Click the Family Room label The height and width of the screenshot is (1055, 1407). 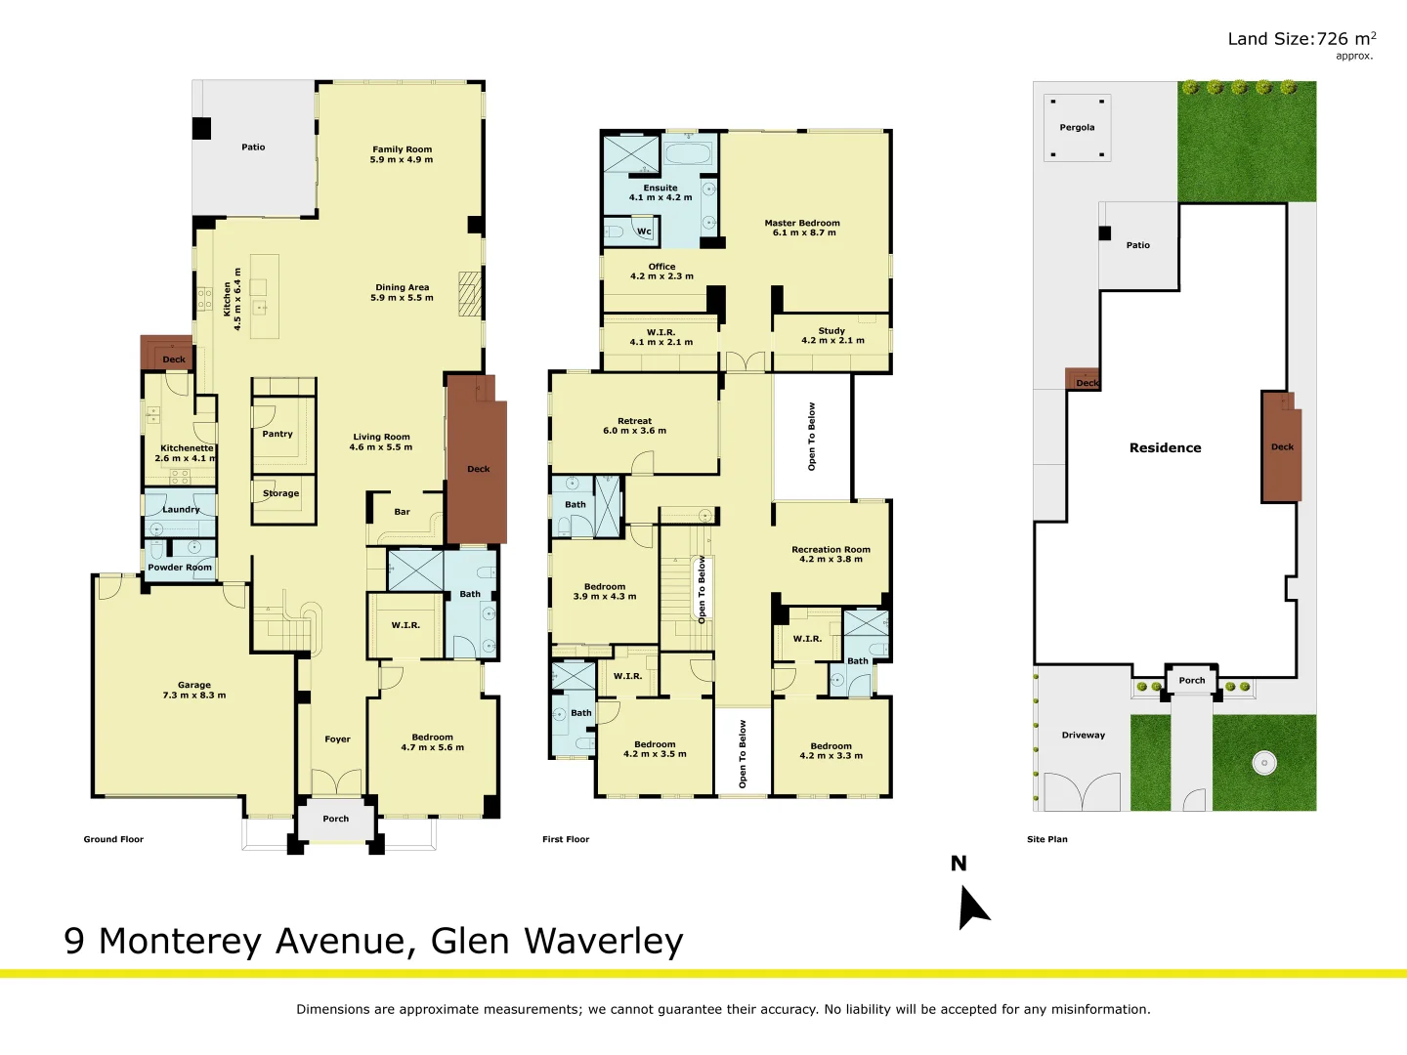click(402, 149)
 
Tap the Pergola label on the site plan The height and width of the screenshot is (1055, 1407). click(1077, 127)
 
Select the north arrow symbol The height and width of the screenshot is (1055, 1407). click(973, 907)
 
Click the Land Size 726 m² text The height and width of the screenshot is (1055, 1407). click(1301, 39)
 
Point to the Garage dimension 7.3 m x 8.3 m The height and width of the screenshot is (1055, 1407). click(194, 695)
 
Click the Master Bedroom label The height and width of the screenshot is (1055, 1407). click(802, 223)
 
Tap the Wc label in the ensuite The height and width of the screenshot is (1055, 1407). click(644, 232)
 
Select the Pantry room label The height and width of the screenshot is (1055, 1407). click(277, 434)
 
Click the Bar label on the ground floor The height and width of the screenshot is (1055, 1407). click(402, 512)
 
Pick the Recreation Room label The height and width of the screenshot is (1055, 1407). click(831, 549)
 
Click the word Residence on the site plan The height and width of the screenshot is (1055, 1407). click(1166, 447)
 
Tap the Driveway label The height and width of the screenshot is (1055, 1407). click(1084, 735)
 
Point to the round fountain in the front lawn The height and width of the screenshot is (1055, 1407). click(1264, 763)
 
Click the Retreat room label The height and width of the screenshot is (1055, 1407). click(634, 421)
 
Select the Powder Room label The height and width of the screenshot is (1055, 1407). click(180, 567)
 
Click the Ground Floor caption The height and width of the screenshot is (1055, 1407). click(113, 839)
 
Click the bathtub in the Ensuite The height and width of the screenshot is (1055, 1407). click(688, 153)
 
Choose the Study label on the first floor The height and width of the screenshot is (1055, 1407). click(831, 330)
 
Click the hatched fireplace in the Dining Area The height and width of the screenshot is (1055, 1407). click(470, 294)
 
